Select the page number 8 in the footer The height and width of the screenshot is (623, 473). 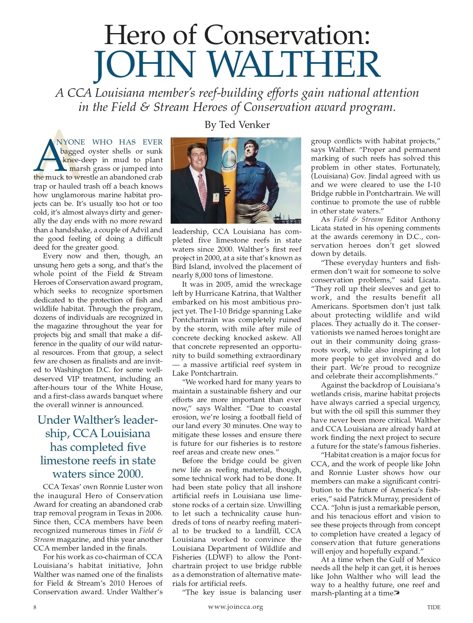(35, 607)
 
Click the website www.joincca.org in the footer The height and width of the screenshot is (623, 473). (235, 607)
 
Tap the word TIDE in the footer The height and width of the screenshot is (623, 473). (434, 607)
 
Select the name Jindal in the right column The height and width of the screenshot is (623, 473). (397, 176)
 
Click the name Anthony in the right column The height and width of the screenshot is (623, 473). (425, 219)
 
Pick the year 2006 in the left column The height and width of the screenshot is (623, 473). (153, 513)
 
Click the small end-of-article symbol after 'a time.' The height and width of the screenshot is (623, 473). (397, 593)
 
